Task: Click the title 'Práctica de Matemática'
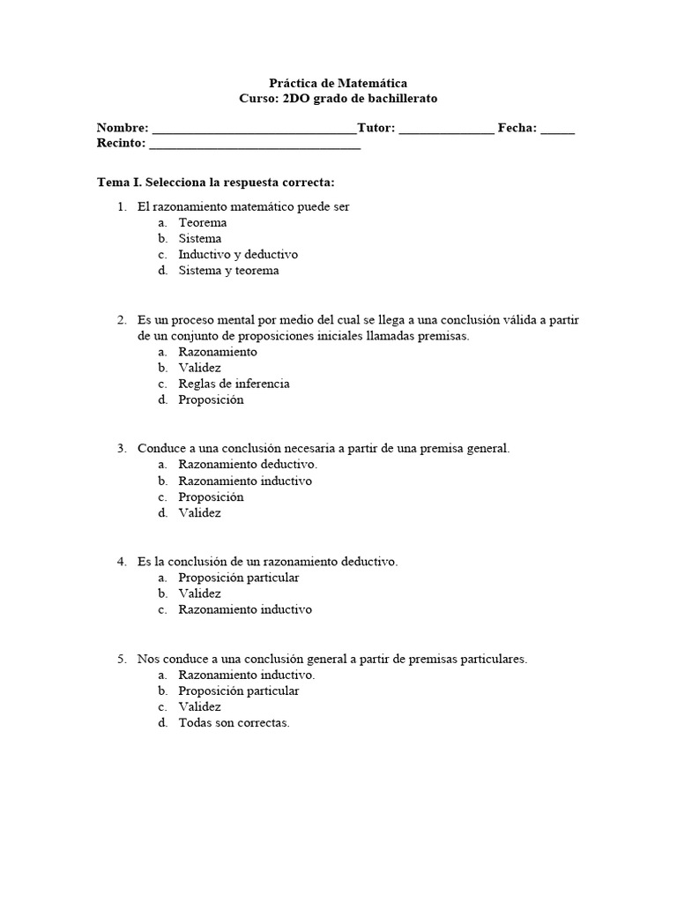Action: click(x=338, y=82)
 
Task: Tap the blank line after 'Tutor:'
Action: click(x=446, y=129)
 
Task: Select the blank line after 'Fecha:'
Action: click(x=557, y=129)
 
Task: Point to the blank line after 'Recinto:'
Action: click(x=255, y=145)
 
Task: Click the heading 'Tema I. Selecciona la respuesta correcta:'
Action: click(x=215, y=183)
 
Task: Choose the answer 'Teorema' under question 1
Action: click(x=202, y=222)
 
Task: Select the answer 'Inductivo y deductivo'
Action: click(x=238, y=254)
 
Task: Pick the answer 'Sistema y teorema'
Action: click(x=228, y=270)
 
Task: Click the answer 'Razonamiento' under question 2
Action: click(x=218, y=351)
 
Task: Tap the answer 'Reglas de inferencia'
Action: click(x=234, y=384)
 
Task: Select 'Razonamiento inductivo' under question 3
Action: click(x=245, y=481)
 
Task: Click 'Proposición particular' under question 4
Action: click(x=239, y=578)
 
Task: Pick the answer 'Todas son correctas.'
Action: click(x=234, y=723)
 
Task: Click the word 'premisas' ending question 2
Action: click(x=445, y=335)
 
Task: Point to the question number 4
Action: click(x=122, y=561)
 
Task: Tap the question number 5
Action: click(x=122, y=658)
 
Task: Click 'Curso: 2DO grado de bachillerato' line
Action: click(x=338, y=98)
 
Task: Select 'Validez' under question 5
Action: click(x=199, y=706)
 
